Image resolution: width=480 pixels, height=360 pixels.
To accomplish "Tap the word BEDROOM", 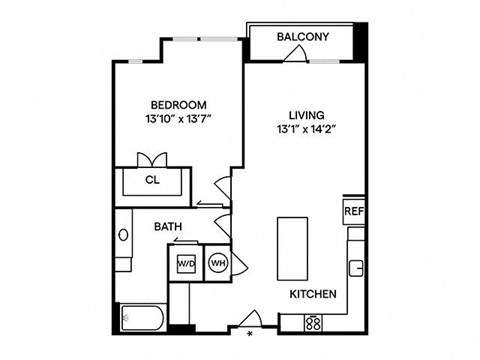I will [x=178, y=105].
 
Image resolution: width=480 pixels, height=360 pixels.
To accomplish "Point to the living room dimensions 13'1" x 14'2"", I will [x=297, y=129].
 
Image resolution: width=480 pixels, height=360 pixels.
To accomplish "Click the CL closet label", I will [x=152, y=181].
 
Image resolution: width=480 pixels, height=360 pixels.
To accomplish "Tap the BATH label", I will [x=167, y=227].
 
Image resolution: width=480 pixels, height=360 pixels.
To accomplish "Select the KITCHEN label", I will [x=312, y=295].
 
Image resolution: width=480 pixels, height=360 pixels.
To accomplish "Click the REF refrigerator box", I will [x=353, y=212].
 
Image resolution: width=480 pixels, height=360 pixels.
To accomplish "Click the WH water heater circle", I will [x=217, y=264].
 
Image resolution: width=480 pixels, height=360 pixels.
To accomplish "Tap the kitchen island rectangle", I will [x=293, y=245].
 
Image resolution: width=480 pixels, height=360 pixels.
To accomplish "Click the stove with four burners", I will [x=313, y=323].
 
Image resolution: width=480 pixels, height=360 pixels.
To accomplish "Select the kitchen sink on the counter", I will [x=355, y=268].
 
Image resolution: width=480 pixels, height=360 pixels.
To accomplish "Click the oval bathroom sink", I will [x=123, y=236].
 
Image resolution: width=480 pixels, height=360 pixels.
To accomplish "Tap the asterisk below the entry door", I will [x=249, y=336].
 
